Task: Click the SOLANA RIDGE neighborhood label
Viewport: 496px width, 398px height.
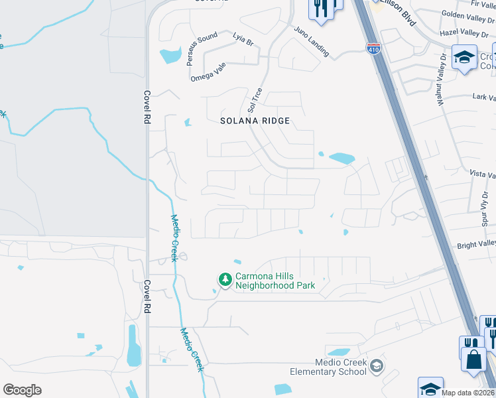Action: (x=255, y=121)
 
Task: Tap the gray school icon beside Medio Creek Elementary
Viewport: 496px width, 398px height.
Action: (x=376, y=366)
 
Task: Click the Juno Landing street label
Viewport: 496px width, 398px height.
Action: (x=310, y=44)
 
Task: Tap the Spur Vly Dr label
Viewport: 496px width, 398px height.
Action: (x=485, y=214)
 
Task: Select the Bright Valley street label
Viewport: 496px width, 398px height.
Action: (x=476, y=245)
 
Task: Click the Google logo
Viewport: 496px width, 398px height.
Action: (x=22, y=389)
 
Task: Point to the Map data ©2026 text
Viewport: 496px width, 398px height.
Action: (x=468, y=393)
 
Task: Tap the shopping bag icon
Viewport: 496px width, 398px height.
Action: (x=473, y=360)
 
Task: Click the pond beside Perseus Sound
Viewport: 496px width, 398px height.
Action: (x=171, y=55)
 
